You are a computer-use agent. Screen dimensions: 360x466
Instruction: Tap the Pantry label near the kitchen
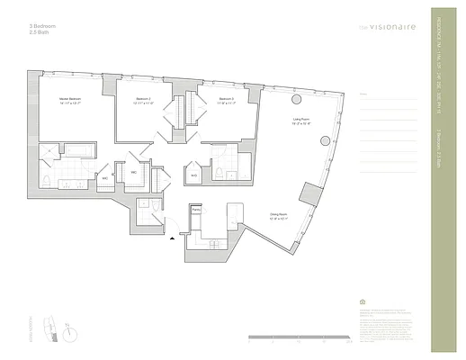196,209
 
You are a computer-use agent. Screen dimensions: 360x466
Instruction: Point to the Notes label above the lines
363,94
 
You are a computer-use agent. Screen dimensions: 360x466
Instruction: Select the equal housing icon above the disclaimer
363,303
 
